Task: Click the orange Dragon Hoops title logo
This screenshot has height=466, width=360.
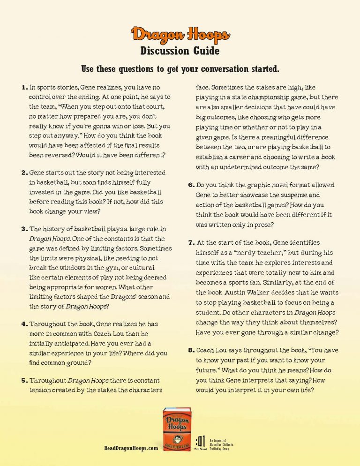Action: coord(180,35)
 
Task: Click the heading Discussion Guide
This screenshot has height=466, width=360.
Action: coord(180,50)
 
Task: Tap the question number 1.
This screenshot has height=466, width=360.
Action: coord(24,87)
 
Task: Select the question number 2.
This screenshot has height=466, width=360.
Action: coord(24,173)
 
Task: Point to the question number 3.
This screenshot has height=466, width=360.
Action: coord(24,229)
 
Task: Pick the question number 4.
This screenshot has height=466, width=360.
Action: coord(24,324)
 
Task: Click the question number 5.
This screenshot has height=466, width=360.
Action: coord(24,380)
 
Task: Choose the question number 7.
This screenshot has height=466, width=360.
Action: coord(191,243)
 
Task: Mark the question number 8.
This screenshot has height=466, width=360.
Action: coord(191,350)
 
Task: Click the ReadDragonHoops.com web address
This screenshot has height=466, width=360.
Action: coord(131,449)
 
